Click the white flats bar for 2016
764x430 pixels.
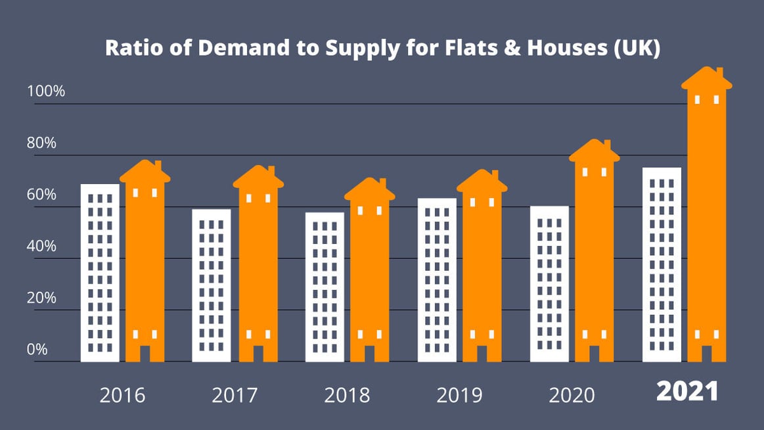coord(100,273)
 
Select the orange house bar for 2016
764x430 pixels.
coord(145,263)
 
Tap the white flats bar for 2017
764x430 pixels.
coord(212,285)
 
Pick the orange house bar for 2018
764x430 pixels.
coord(370,276)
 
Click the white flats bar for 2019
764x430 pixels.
coord(437,279)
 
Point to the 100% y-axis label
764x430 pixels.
coord(46,91)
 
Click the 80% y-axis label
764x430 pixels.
coord(41,143)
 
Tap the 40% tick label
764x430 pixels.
coord(41,246)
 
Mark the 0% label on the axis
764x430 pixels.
coord(37,349)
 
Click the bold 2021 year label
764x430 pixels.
coord(688,392)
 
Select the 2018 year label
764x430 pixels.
coord(347,395)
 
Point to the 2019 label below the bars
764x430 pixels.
coord(459,395)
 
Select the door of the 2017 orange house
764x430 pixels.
coord(258,353)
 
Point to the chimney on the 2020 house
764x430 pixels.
coord(608,145)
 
